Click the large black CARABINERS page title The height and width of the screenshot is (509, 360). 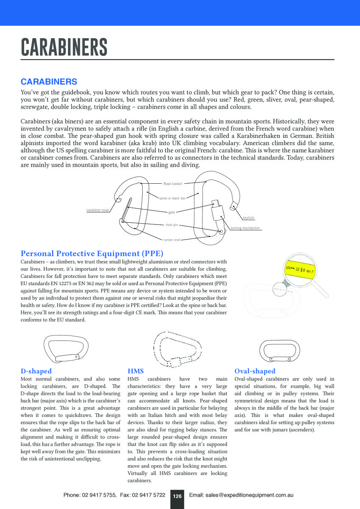coord(64,47)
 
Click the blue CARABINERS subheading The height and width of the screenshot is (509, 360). coord(49,81)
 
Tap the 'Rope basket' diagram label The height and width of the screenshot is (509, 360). coord(173,184)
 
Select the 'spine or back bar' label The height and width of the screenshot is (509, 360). coord(172,198)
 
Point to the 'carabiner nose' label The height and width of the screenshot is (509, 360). coord(98,210)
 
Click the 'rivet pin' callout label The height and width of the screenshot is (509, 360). coord(172,224)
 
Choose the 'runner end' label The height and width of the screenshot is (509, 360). coord(172,240)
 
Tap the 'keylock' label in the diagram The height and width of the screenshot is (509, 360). coord(248,218)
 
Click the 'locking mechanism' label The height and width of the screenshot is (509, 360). coord(245,228)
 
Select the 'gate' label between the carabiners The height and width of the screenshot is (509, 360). coord(172,212)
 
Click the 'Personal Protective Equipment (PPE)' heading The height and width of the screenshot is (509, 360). coord(92,254)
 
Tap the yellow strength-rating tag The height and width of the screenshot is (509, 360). coord(300,269)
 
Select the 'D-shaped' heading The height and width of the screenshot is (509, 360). coord(36,371)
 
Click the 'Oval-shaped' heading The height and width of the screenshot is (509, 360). coord(255,371)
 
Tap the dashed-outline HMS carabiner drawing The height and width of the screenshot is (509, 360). coord(177,349)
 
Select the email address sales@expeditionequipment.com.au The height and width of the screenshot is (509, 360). coord(241,495)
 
